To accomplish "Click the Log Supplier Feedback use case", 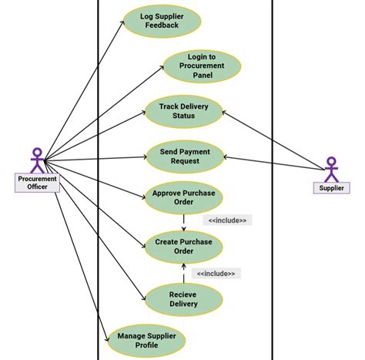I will click(x=162, y=20).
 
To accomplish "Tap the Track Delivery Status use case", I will click(x=183, y=111).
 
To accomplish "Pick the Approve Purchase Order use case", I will click(x=183, y=197).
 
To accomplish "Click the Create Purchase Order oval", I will click(x=183, y=245).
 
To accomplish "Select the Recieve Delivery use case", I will click(x=183, y=298).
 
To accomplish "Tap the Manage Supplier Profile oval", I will click(x=147, y=339).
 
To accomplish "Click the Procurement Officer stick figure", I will click(x=37, y=160).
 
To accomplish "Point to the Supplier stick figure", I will click(x=331, y=169).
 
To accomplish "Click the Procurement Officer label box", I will click(x=37, y=183).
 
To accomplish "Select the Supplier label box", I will click(x=331, y=187).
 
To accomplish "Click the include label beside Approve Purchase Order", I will click(x=228, y=220).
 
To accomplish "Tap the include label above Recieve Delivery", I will click(x=216, y=273).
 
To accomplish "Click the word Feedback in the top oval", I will click(x=162, y=25).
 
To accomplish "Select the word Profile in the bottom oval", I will click(x=147, y=345).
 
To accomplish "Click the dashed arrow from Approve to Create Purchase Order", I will click(x=183, y=221).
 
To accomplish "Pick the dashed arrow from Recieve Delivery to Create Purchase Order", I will click(x=183, y=274).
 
